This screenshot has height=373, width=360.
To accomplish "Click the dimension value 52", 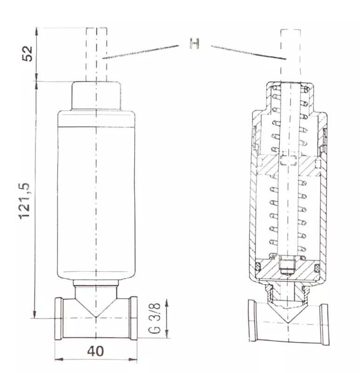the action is (x=27, y=54).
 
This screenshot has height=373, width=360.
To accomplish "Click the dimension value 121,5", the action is (x=25, y=201).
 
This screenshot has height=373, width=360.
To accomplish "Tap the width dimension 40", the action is (x=95, y=351).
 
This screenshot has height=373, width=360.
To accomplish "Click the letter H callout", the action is (x=194, y=43).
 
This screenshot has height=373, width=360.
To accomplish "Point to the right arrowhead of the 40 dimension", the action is (x=133, y=359).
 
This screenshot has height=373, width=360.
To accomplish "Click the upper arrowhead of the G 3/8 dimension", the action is (x=167, y=304).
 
